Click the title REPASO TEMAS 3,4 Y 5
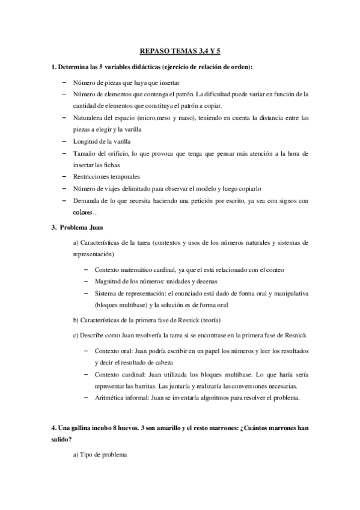pyautogui.click(x=180, y=52)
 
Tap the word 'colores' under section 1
pyautogui.click(x=84, y=213)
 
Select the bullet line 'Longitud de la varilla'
pyautogui.click(x=102, y=141)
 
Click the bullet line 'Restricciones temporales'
pyautogui.click(x=106, y=177)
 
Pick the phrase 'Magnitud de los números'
pyautogui.click(x=128, y=281)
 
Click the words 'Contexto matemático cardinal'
pyautogui.click(x=136, y=269)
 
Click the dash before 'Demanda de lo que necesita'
pyautogui.click(x=64, y=201)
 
